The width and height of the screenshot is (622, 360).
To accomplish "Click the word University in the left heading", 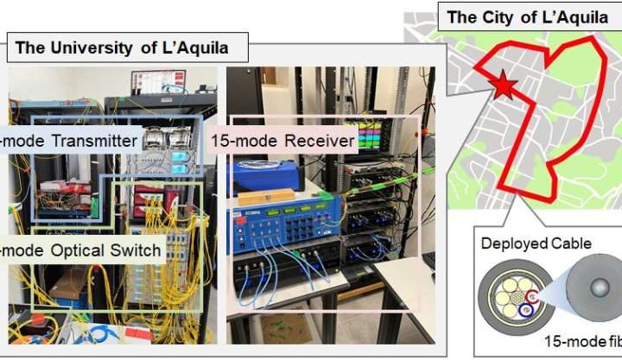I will (98, 48).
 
